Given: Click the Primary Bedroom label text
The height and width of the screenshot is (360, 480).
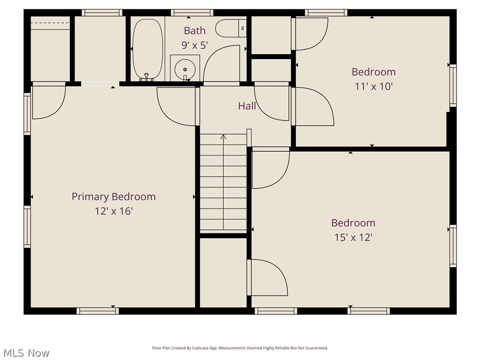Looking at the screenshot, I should coord(113,197).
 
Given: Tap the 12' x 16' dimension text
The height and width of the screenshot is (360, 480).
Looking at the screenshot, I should coord(113,211).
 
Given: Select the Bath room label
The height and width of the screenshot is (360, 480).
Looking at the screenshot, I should coord(195,31).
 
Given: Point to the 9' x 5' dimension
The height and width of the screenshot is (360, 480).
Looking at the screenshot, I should coord(195,45).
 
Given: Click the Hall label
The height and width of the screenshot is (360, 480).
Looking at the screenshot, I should coord(247,106).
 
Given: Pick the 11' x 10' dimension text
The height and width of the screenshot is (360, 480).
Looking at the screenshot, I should coord(374,87).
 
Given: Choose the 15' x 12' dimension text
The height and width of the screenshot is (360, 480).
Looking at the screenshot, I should coord(353,238).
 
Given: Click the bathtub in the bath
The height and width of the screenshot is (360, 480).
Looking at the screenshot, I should coord(148,49).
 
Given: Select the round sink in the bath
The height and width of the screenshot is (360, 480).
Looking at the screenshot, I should coord(185,69).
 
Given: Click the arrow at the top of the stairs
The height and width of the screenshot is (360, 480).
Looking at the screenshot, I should coord(224,137).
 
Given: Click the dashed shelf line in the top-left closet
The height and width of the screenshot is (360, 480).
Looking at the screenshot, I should coord(50,22).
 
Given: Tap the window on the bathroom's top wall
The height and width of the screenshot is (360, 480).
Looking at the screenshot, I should coord(192,13).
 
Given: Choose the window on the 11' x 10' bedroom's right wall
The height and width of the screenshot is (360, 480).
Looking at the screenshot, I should coord(453,85).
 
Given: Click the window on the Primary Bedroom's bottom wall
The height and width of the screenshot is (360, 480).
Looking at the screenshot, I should coord(97,311).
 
